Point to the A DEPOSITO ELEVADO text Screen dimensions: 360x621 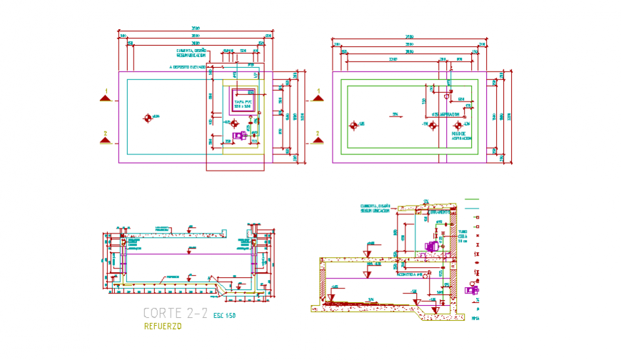pyautogui.click(x=188, y=67)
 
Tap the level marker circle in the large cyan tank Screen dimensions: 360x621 pyautogui.click(x=148, y=117)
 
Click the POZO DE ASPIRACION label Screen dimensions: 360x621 pyautogui.click(x=461, y=134)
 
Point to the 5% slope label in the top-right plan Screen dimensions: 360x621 pyautogui.click(x=393, y=114)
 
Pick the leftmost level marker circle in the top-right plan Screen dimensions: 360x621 pyautogui.click(x=353, y=126)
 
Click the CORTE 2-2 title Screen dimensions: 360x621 pyautogui.click(x=176, y=313)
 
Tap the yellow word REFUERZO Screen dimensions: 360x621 pyautogui.click(x=163, y=326)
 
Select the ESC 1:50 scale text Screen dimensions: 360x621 pyautogui.click(x=224, y=315)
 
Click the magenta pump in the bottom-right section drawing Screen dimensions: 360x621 pyautogui.click(x=432, y=246)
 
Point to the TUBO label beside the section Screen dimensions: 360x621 pyautogui.click(x=463, y=231)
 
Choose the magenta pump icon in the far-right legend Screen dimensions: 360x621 pyautogui.click(x=472, y=290)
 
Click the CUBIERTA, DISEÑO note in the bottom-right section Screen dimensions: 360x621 pyautogui.click(x=375, y=207)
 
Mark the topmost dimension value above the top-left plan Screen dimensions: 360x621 pyautogui.click(x=195, y=29)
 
